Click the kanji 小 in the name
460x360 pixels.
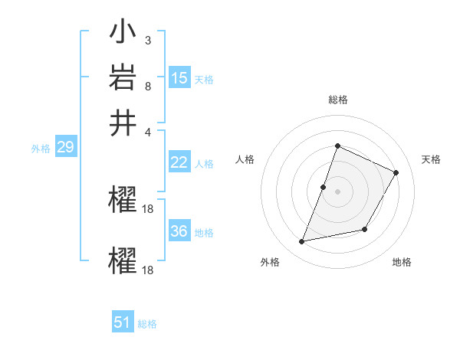123,34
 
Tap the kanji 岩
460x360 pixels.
123,79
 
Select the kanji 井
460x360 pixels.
123,123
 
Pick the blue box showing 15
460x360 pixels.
179,78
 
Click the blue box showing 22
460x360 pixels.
179,162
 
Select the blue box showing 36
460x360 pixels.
179,231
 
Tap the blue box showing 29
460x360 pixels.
65,147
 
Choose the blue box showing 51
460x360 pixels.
123,322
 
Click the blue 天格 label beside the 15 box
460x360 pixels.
204,80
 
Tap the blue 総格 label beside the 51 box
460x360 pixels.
147,324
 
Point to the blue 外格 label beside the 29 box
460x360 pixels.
41,149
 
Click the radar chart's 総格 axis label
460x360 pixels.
337,100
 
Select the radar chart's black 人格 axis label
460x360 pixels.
245,159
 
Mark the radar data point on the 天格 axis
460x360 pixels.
396,173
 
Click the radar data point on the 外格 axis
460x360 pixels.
302,242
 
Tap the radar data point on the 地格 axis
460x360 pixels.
365,229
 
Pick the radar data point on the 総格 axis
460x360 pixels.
337,146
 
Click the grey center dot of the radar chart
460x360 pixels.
337,191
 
